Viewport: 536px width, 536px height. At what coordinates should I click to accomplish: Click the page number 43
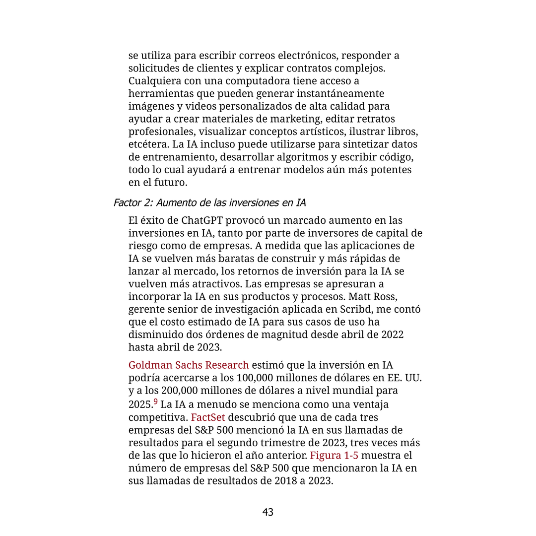tap(268, 512)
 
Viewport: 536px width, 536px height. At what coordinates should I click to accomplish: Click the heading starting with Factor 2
tap(209, 202)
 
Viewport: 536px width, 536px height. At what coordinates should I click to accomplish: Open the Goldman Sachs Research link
tap(189, 365)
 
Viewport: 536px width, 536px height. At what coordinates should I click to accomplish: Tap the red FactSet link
tap(208, 417)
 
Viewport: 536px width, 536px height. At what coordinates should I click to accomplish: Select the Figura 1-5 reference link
tap(334, 456)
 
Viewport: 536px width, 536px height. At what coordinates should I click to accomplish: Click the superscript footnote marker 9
tap(155, 402)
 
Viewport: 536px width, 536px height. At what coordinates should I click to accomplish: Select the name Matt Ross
tap(372, 297)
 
